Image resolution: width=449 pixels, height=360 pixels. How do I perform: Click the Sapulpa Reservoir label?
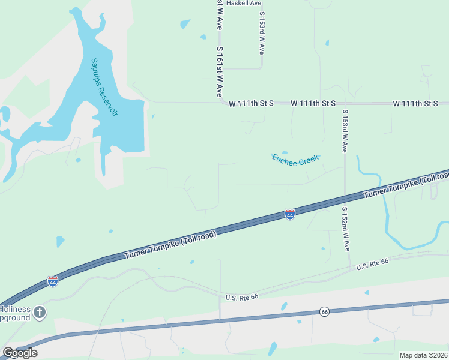click(x=104, y=87)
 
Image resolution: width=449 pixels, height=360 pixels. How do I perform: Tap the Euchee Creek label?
click(x=295, y=160)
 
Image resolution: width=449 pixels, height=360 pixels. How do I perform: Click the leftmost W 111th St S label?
click(x=251, y=103)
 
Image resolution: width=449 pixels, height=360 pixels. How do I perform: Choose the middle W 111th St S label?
click(x=313, y=103)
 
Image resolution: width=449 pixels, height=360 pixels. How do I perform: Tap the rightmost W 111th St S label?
click(x=415, y=103)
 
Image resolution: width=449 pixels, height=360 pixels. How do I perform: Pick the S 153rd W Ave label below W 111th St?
click(x=345, y=131)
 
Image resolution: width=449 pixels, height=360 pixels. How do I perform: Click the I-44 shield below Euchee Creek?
click(x=290, y=214)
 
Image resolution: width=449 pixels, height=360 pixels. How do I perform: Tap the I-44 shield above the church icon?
click(x=53, y=281)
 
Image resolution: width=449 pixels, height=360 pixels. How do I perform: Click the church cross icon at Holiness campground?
click(x=40, y=311)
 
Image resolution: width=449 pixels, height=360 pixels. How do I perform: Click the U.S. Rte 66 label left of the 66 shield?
click(x=241, y=297)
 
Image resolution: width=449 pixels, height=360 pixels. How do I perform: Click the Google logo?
click(x=20, y=353)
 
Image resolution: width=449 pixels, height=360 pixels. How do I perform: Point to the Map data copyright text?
click(x=424, y=355)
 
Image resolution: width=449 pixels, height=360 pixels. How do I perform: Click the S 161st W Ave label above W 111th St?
click(x=220, y=72)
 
